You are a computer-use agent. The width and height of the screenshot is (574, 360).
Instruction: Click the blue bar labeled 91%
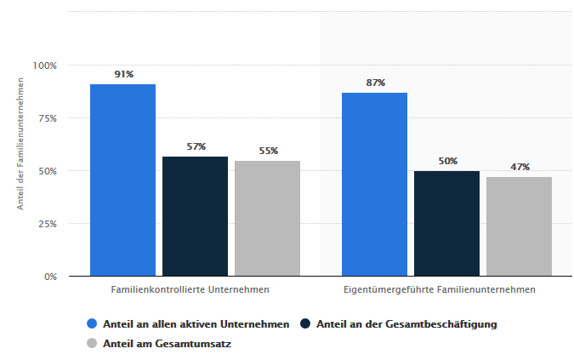(x=123, y=180)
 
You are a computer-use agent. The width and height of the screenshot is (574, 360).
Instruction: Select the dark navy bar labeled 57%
(x=196, y=216)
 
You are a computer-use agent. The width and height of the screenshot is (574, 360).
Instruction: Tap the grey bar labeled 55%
(x=267, y=218)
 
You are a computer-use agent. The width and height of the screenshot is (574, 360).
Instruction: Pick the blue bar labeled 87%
(x=375, y=184)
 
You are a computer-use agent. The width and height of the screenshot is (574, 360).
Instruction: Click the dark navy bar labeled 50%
(x=446, y=223)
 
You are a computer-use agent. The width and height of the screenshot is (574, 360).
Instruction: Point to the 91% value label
(x=124, y=75)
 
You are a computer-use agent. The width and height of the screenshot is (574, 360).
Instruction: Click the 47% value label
(x=520, y=168)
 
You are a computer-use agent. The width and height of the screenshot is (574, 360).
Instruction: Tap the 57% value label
(x=196, y=146)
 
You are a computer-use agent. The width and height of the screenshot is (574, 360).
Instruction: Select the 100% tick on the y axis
(x=44, y=66)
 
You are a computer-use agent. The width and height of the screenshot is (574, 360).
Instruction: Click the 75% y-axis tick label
(x=46, y=118)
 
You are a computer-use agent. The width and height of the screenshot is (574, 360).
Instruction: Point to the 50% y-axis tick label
(x=46, y=171)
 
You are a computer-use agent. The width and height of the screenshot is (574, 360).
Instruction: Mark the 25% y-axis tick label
(x=46, y=224)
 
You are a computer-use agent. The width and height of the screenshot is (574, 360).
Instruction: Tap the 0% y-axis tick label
(x=49, y=277)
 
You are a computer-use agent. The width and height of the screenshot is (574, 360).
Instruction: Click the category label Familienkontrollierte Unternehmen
(x=190, y=289)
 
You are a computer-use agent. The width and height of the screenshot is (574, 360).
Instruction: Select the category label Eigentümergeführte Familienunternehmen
(x=440, y=289)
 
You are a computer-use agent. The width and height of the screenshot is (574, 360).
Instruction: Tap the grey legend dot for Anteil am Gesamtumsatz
(x=92, y=344)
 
